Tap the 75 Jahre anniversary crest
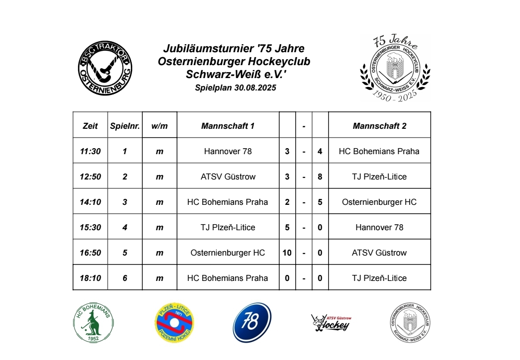[x=395, y=68]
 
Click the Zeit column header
[x=90, y=126]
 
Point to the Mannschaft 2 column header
[x=379, y=126]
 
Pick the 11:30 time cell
[x=90, y=151]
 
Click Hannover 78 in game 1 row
[x=228, y=151]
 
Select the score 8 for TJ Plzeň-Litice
[x=320, y=177]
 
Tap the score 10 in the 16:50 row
[x=287, y=253]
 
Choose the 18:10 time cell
[x=90, y=278]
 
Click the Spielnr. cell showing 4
[x=125, y=227]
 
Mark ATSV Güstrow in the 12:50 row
[x=228, y=177]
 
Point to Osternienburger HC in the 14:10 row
[x=379, y=202]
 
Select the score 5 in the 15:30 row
[x=287, y=227]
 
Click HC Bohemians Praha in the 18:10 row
[x=228, y=278]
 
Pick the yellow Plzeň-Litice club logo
[x=173, y=323]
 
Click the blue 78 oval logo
[x=252, y=323]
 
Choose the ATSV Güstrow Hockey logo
[x=331, y=323]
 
